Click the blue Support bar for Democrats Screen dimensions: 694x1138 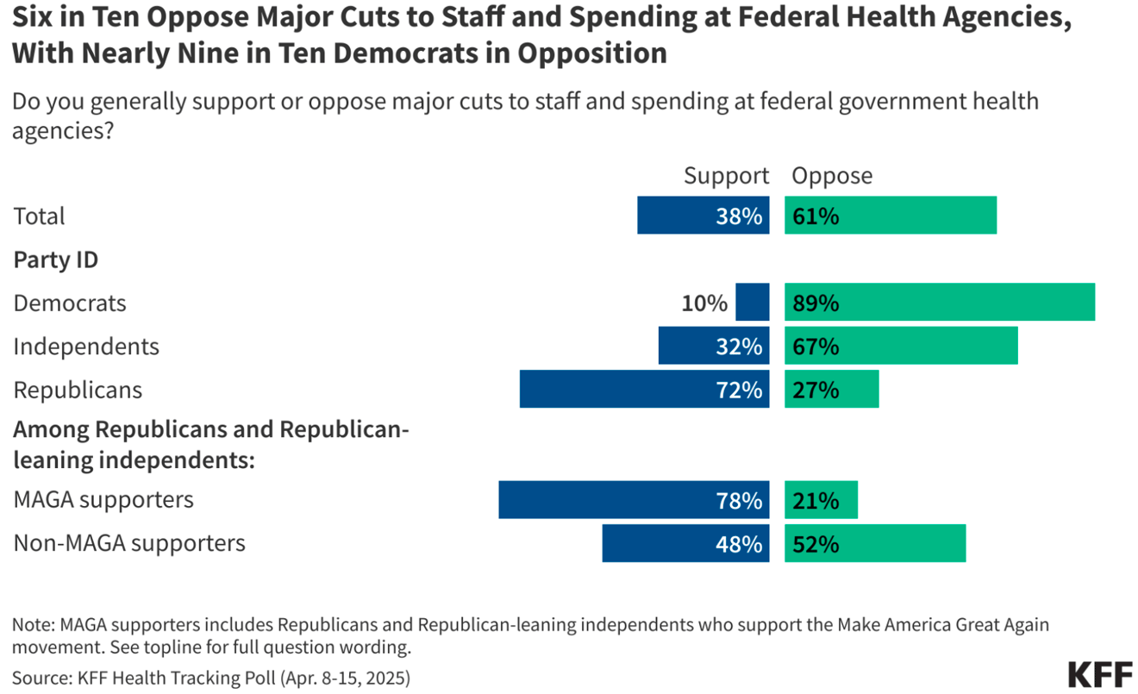click(752, 303)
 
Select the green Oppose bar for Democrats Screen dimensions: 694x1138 click(940, 303)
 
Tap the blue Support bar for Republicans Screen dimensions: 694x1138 click(644, 390)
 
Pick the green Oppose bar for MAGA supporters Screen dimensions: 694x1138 click(821, 500)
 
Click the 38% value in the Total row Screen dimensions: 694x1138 click(739, 216)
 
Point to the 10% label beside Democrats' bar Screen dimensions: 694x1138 click(704, 303)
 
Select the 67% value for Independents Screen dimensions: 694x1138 click(816, 347)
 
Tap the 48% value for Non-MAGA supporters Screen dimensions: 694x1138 click(739, 544)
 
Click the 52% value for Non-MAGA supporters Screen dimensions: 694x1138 click(816, 544)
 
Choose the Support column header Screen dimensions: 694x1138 click(726, 176)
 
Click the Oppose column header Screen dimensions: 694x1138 click(832, 176)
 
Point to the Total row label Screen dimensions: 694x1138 click(39, 216)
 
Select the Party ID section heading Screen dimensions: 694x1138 click(55, 259)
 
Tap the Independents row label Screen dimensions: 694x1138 click(86, 347)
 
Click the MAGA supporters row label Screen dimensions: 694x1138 click(103, 499)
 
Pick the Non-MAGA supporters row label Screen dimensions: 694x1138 click(129, 543)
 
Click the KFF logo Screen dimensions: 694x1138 click(1099, 673)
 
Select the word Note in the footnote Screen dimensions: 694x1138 click(33, 624)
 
